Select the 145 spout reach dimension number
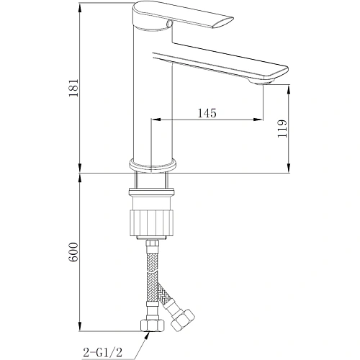[206, 113]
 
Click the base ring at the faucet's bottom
[152, 163]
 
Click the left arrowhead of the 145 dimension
[154, 120]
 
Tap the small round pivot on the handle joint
[170, 23]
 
